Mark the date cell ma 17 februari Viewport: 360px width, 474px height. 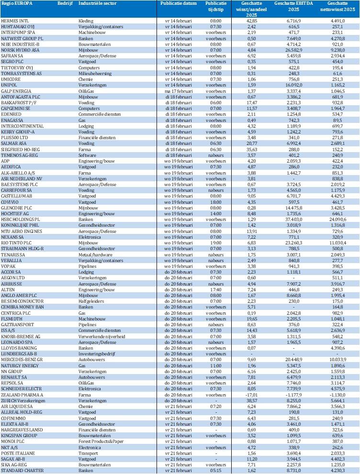click(x=176, y=90)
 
